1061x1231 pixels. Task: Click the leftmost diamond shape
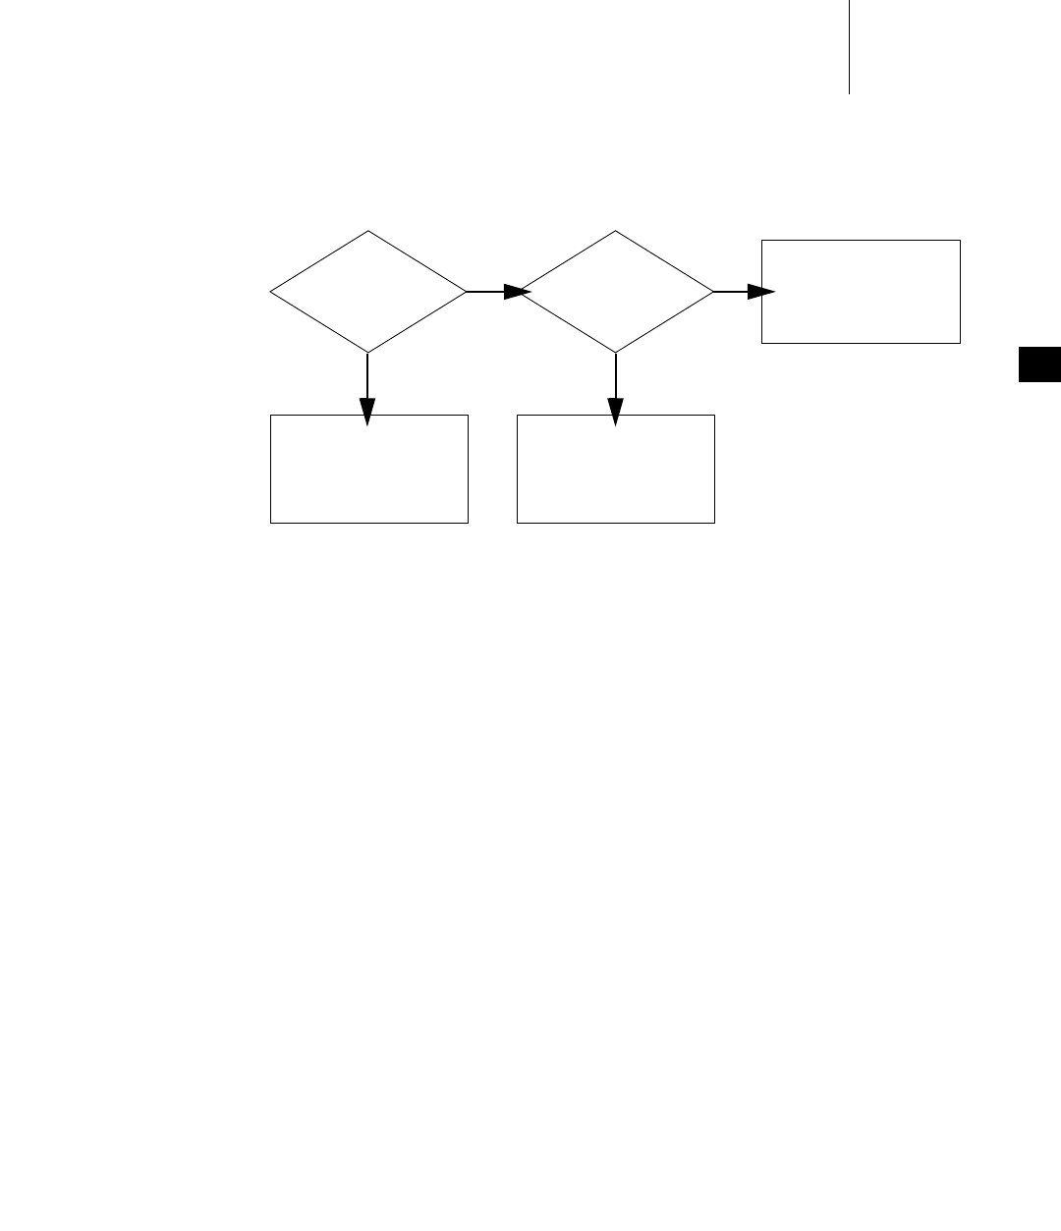pos(367,292)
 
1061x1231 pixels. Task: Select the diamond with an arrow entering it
pos(616,292)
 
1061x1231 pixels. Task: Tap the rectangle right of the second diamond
pos(861,292)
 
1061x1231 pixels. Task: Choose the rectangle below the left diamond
pos(369,469)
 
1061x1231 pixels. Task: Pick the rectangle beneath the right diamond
pos(616,469)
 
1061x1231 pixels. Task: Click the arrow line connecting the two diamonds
pos(485,292)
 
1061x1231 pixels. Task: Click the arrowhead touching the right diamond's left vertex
pos(518,292)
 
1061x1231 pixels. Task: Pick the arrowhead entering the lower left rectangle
pos(367,412)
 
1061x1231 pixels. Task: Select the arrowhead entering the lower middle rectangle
pos(616,412)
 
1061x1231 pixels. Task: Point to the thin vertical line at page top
pos(849,47)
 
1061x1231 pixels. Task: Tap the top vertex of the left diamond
pos(368,231)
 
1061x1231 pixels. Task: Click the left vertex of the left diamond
pos(270,292)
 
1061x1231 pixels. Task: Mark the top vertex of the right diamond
pos(616,231)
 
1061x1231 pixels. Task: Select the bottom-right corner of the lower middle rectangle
pos(714,523)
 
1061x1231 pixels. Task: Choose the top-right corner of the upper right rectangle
pos(960,240)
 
